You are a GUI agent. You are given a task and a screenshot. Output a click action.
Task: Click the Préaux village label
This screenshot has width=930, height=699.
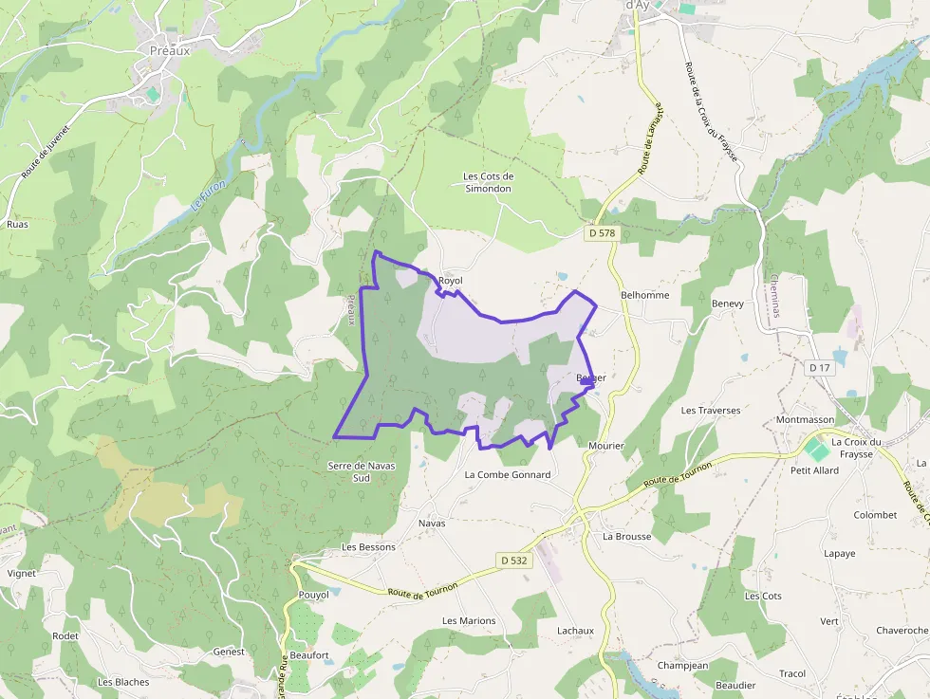(170, 51)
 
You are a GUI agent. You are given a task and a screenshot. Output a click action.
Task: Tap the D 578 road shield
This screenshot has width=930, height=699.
(603, 232)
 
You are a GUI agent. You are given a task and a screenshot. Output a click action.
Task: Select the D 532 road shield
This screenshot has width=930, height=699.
(514, 561)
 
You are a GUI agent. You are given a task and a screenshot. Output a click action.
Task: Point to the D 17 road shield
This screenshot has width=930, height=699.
(819, 367)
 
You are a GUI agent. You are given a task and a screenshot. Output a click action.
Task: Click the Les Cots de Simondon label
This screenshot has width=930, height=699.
(488, 182)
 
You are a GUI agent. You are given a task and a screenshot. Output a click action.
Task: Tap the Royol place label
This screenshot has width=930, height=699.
(451, 281)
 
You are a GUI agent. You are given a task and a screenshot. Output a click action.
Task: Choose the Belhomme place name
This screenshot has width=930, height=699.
(644, 295)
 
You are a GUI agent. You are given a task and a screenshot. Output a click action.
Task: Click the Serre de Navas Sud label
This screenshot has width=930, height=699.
(361, 471)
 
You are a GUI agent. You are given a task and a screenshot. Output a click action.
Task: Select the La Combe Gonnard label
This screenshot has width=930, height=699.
(508, 474)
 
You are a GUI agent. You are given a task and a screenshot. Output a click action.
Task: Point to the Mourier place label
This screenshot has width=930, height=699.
(605, 446)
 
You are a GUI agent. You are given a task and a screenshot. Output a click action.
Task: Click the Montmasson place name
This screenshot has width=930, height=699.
(805, 419)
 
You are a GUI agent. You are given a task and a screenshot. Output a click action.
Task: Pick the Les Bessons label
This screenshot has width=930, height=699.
(368, 547)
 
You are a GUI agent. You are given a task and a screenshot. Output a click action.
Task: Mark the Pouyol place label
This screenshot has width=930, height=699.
(313, 595)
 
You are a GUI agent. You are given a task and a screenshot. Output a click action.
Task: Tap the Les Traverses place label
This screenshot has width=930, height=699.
(711, 411)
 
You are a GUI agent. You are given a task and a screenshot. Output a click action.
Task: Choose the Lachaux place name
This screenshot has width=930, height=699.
(575, 631)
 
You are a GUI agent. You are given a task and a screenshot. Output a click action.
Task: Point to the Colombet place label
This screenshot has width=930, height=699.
(875, 515)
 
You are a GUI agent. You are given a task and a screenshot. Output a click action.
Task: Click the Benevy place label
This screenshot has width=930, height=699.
(728, 304)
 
